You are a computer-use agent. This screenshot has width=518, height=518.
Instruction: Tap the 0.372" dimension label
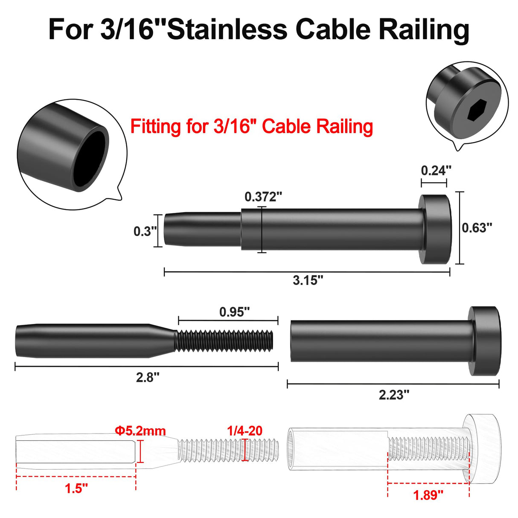[263, 197]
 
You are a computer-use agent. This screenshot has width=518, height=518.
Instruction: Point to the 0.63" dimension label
[477, 228]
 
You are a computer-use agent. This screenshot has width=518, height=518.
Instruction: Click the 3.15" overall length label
[308, 280]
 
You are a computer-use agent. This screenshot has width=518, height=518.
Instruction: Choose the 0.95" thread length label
[234, 312]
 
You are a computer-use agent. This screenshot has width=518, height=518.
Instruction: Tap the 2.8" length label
[148, 377]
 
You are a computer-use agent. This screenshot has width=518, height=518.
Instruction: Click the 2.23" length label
[394, 395]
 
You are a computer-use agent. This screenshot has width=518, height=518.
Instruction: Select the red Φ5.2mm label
[140, 431]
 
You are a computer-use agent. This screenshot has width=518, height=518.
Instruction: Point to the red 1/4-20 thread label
[244, 431]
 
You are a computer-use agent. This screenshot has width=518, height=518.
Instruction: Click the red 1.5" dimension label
[76, 488]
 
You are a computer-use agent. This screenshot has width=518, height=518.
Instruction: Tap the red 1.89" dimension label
[428, 495]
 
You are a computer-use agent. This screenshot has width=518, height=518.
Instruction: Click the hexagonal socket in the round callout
[474, 113]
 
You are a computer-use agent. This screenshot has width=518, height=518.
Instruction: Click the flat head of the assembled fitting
[436, 229]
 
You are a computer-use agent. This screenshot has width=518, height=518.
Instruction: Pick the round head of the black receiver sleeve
[485, 341]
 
